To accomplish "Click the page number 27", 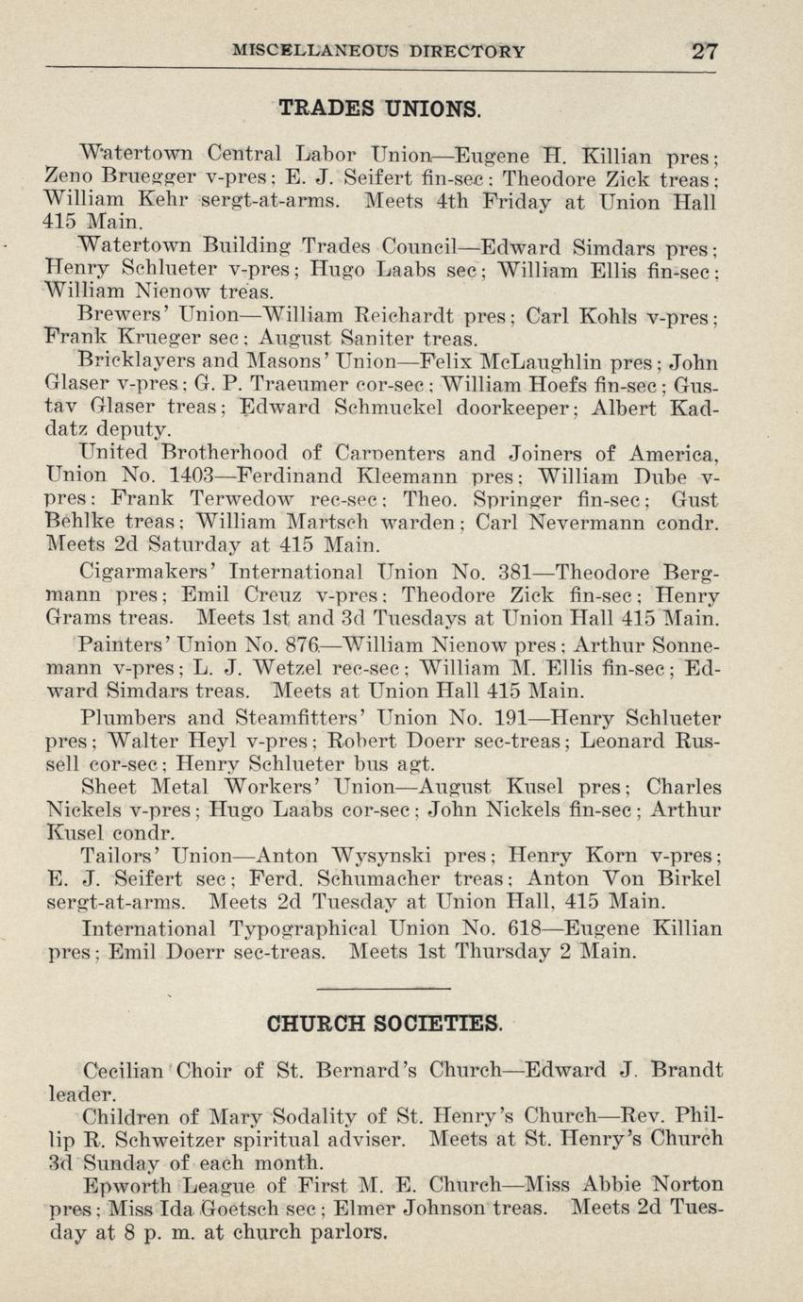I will (704, 51).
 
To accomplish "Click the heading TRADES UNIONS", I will (380, 108).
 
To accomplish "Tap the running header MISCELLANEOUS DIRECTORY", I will (378, 51).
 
